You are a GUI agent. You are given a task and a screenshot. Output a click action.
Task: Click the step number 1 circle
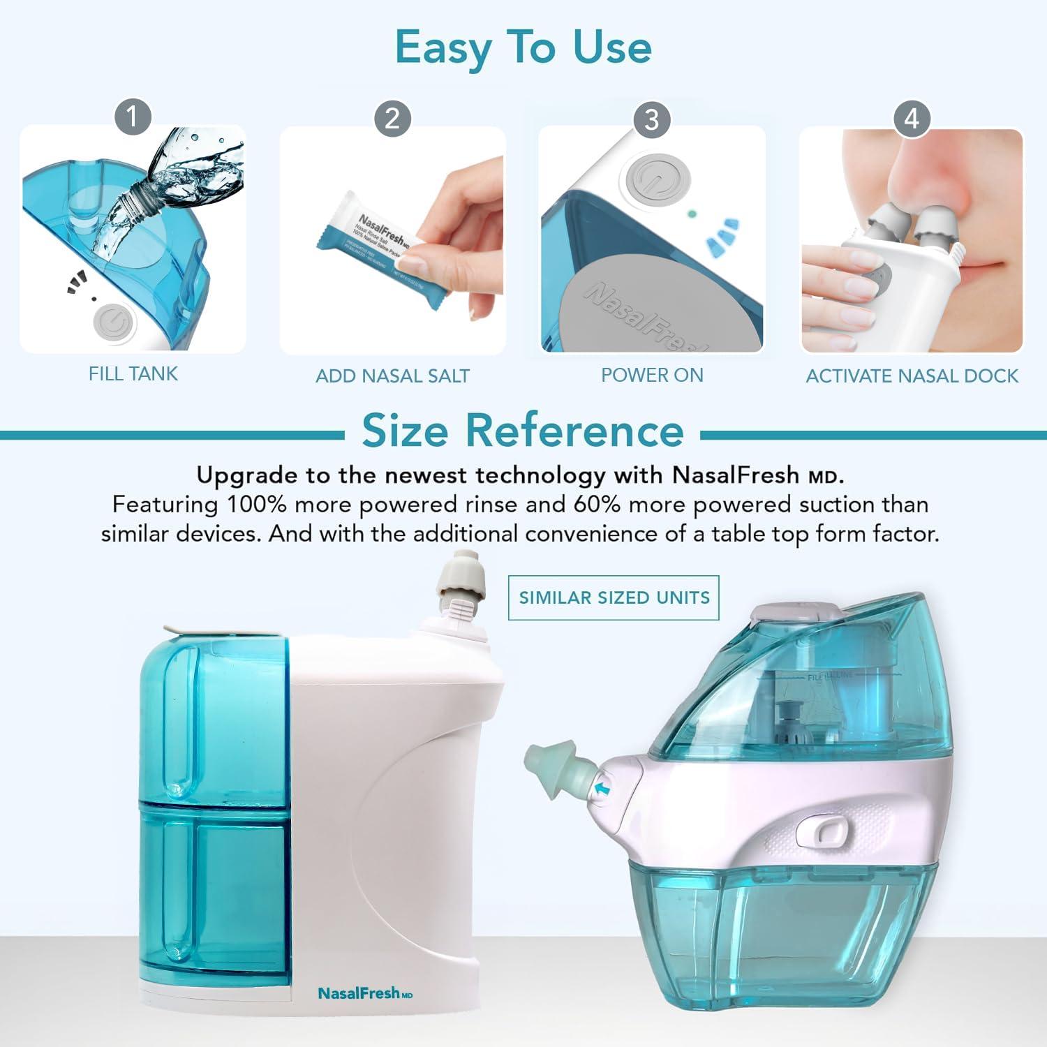point(133,117)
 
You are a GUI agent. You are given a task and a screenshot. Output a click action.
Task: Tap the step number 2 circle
point(392,118)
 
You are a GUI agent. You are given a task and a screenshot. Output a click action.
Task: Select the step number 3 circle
point(651,119)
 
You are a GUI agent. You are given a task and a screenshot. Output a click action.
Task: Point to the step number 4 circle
point(912,119)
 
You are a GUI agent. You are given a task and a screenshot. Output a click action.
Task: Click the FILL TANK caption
point(133,374)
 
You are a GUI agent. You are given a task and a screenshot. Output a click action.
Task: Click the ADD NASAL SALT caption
point(392,376)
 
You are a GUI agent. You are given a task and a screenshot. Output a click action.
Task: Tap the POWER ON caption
point(652,376)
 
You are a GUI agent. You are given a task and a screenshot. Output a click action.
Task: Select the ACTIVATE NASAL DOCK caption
point(912,376)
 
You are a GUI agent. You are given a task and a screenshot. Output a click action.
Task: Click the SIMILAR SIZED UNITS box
point(614,597)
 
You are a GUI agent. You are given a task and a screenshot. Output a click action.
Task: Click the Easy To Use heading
point(523,47)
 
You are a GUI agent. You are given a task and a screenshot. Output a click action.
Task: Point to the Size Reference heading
point(523,431)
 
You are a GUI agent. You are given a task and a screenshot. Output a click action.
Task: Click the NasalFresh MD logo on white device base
point(365,993)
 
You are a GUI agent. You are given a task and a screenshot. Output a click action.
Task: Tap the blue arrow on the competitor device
point(602,789)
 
